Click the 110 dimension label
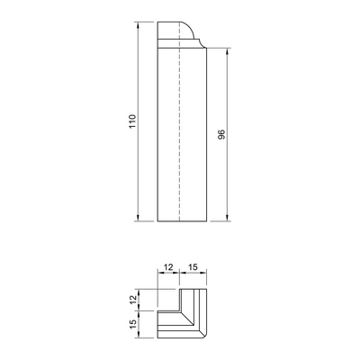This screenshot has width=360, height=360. pyautogui.click(x=132, y=121)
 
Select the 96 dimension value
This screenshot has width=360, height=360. pyautogui.click(x=221, y=135)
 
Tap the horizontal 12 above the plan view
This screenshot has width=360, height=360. pyautogui.click(x=168, y=267)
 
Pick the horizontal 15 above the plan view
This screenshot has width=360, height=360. pyautogui.click(x=193, y=267)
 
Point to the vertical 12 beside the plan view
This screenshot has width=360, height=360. pyautogui.click(x=134, y=300)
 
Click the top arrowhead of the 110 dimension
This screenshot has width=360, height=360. pyautogui.click(x=138, y=24)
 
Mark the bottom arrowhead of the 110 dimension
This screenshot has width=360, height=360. pyautogui.click(x=138, y=218)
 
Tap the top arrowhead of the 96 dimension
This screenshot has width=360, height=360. pyautogui.click(x=227, y=51)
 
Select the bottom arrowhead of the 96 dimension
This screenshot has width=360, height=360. pyautogui.click(x=227, y=218)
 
